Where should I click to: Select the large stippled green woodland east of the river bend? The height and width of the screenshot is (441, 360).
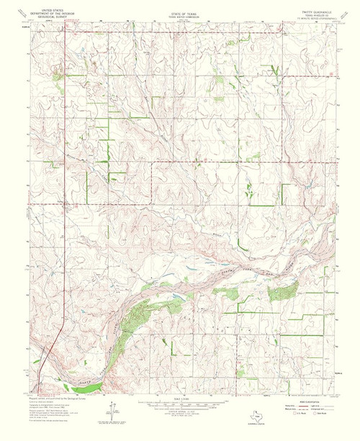click(x=282, y=291)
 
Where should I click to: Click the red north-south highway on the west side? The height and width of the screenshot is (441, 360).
click(x=64, y=216)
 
